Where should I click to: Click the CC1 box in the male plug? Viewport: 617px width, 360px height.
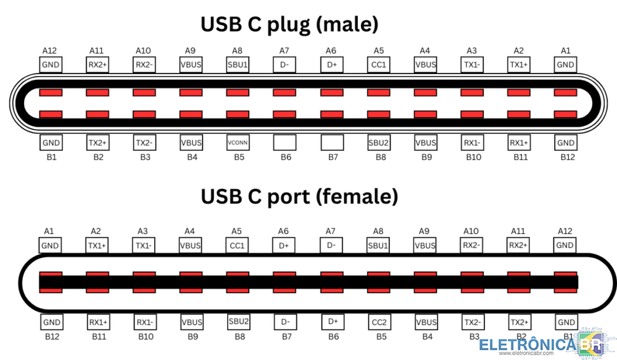379,64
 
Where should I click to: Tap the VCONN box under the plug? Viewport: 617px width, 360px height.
238,142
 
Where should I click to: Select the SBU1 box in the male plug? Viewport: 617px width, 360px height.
238,64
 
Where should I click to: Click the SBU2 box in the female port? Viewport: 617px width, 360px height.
238,322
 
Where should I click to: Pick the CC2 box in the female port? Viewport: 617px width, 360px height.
379,322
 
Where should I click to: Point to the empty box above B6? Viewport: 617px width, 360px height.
284,142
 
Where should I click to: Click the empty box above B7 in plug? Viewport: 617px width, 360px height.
331,142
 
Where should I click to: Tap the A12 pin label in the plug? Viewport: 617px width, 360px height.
50,51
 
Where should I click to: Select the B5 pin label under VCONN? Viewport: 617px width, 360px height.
238,157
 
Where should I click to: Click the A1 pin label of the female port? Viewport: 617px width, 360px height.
50,231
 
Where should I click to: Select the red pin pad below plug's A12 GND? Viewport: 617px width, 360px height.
50,93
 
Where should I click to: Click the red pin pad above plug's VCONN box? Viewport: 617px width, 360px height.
238,114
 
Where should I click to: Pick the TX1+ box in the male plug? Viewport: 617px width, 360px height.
519,64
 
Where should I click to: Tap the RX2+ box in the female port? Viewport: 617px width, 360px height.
519,245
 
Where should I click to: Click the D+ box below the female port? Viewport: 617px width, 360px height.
331,322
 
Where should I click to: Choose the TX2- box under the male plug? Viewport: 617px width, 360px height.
144,142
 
